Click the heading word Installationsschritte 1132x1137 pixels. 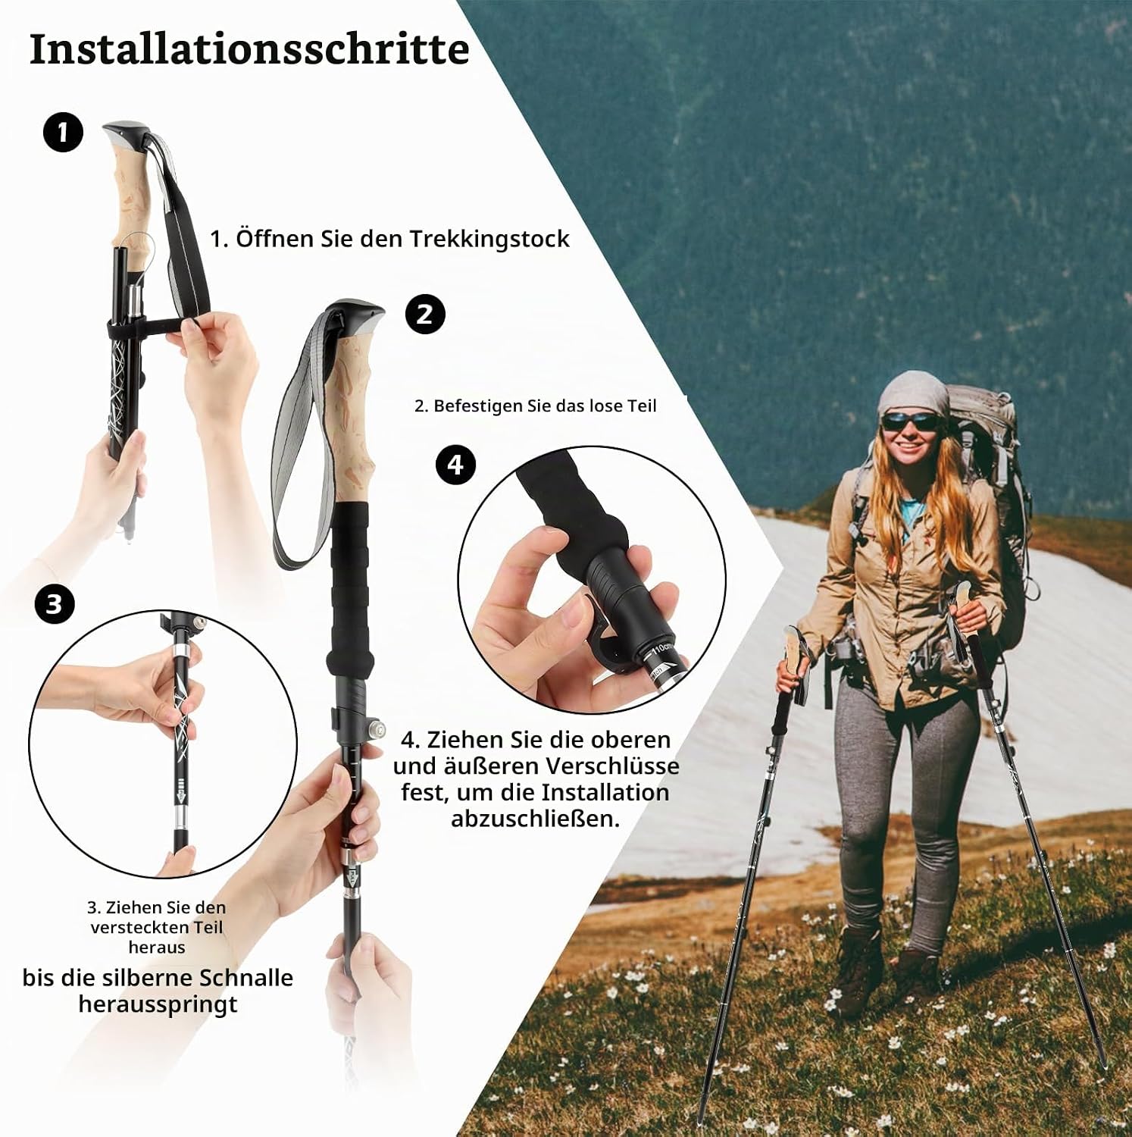[x=249, y=49]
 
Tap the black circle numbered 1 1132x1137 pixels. [x=62, y=132]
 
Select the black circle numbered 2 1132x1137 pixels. [x=425, y=314]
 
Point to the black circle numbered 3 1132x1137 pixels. [x=54, y=604]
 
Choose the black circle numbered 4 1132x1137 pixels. [x=455, y=464]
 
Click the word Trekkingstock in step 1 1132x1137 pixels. [x=489, y=239]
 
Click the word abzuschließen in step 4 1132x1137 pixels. [x=535, y=819]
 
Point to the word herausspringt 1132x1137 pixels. [x=158, y=1004]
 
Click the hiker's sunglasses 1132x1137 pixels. [x=912, y=419]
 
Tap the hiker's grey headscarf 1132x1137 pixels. [x=914, y=394]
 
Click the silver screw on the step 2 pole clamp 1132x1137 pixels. [x=373, y=728]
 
